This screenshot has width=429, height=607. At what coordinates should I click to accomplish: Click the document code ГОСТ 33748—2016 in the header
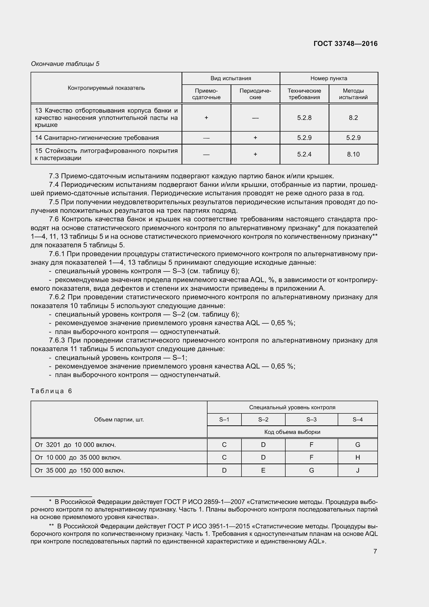click(345, 44)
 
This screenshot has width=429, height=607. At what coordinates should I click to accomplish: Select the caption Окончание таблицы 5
click(65, 64)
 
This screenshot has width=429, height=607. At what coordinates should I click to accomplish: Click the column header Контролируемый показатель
click(106, 88)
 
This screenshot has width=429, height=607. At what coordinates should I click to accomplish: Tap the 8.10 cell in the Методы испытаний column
click(353, 154)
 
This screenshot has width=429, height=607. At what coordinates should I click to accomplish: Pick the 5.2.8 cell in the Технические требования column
click(304, 118)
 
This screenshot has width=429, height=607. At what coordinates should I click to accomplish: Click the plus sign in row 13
click(206, 118)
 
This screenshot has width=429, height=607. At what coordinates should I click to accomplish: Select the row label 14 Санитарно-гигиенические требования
click(97, 138)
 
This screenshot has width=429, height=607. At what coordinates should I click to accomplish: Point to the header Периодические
click(255, 94)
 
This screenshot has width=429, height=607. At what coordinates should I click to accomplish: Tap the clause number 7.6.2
click(57, 297)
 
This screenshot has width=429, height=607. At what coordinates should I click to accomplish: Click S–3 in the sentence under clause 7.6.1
click(178, 271)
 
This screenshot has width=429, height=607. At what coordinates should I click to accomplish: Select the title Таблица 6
click(51, 391)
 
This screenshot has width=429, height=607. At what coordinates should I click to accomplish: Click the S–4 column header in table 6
click(357, 419)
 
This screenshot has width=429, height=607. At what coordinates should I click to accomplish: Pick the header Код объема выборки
click(292, 432)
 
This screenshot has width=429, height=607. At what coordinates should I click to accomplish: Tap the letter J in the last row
click(357, 470)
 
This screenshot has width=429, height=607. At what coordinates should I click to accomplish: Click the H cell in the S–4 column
click(357, 457)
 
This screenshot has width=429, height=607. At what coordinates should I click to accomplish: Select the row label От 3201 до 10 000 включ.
click(75, 445)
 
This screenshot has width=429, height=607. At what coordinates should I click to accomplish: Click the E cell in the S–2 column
click(263, 470)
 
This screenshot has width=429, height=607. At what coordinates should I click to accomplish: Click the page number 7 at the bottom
click(375, 551)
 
